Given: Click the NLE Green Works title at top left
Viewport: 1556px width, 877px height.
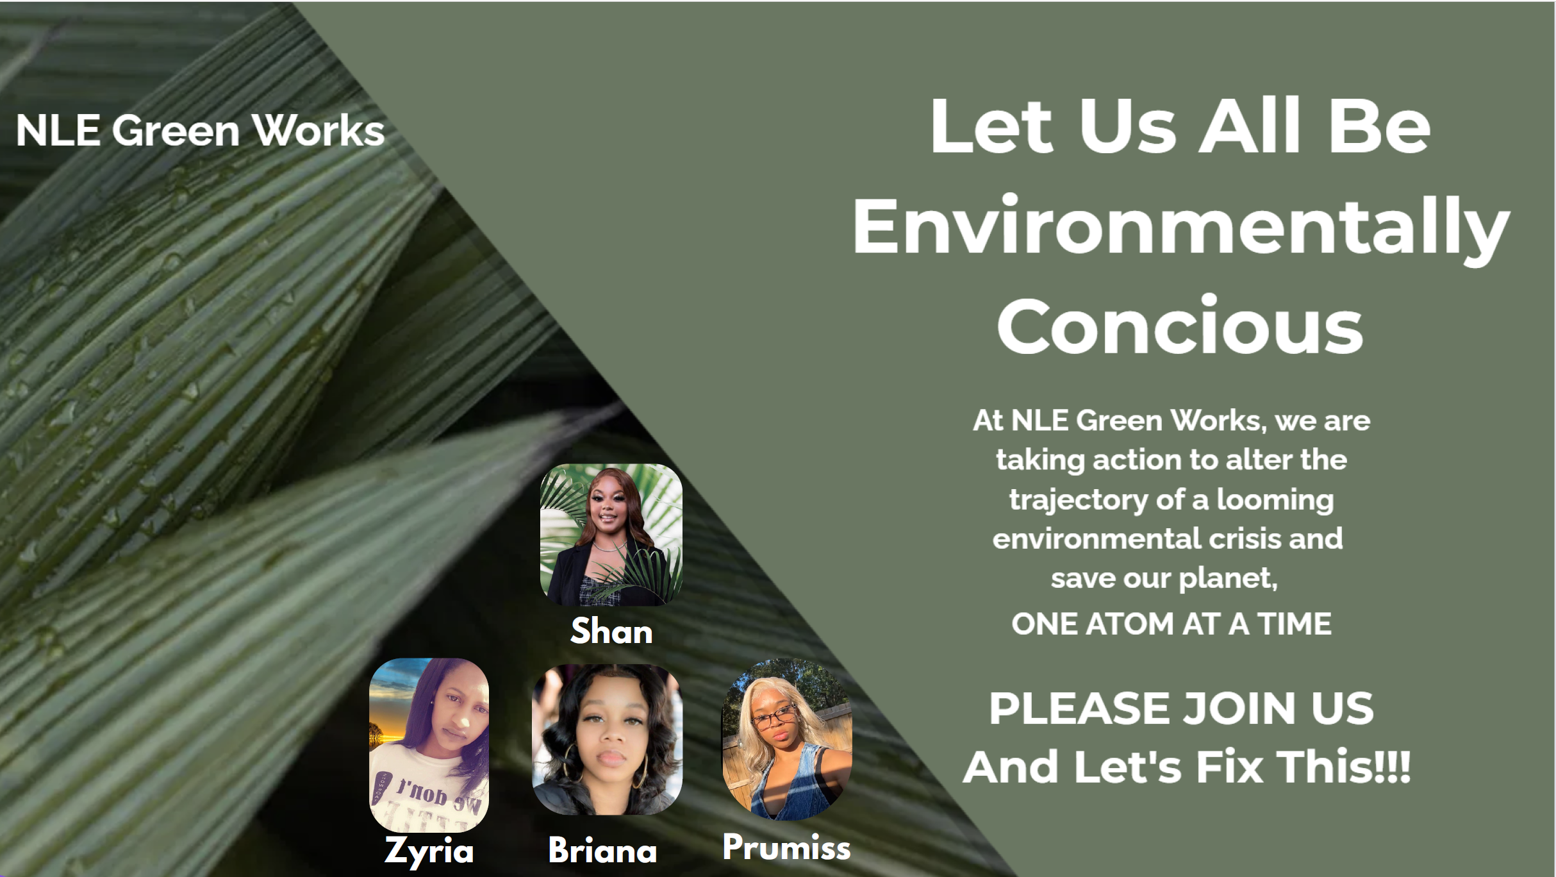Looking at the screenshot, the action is (200, 131).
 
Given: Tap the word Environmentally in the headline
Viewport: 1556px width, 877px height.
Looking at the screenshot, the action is (1181, 230).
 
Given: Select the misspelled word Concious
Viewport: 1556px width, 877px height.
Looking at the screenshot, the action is (1180, 325).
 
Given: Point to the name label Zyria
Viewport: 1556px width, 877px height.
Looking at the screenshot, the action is (429, 851).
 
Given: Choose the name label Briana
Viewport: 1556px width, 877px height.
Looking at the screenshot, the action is (602, 850).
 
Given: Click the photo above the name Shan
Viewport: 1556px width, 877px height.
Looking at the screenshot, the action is (611, 535).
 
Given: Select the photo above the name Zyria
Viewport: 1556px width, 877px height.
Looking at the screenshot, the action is (429, 745).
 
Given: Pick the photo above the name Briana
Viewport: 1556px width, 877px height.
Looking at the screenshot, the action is (607, 740).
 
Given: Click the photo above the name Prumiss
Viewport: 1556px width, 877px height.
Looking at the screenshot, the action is (787, 740).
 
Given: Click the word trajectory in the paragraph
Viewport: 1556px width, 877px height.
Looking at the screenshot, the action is (1079, 500).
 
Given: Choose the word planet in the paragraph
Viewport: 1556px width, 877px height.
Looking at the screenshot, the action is (1228, 579).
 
